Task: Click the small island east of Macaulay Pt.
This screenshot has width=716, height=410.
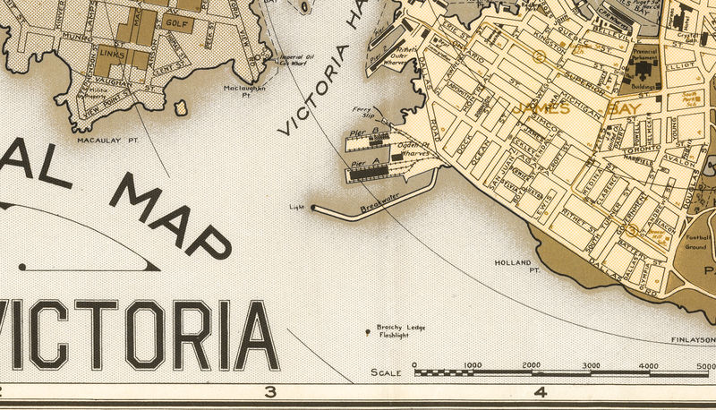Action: (x=181, y=108)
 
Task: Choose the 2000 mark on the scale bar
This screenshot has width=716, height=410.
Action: (x=532, y=365)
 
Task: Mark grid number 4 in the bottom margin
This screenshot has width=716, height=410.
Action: (x=540, y=392)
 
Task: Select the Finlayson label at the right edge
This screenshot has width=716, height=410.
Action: (x=695, y=340)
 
